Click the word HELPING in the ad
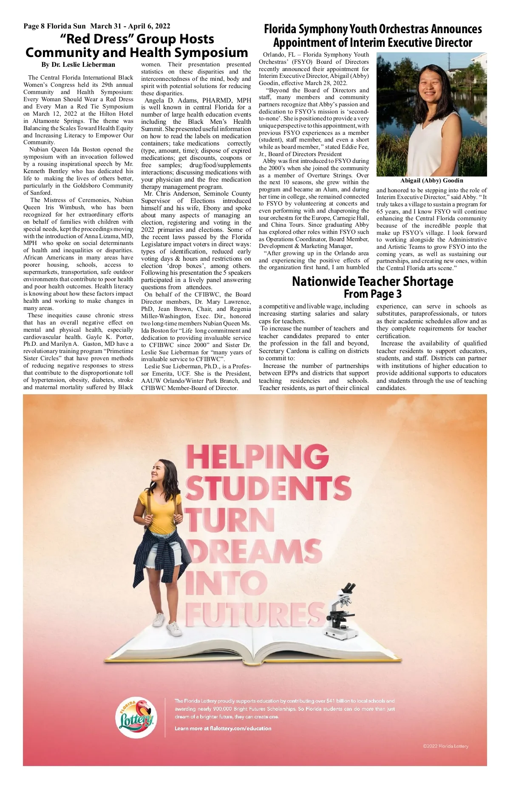[x=257, y=457]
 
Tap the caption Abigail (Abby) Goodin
[x=431, y=180]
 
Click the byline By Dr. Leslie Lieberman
[x=78, y=65]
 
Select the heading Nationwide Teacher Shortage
[x=372, y=282]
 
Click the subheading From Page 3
[x=372, y=294]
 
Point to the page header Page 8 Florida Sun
[x=54, y=26]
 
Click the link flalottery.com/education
[x=240, y=728]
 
